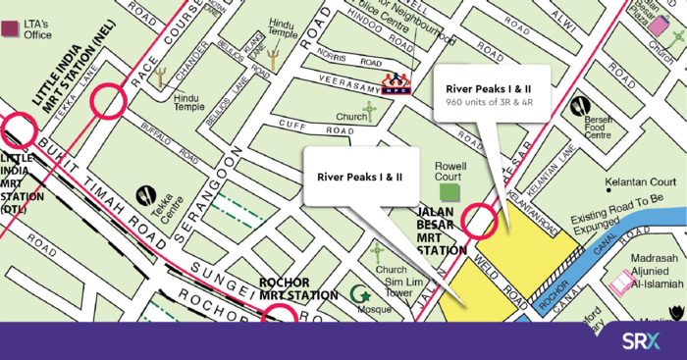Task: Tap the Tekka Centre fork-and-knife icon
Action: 148,194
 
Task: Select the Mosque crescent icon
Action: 360,292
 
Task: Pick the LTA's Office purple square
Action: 11,28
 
